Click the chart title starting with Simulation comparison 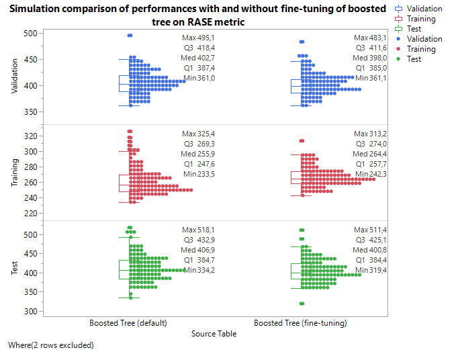[197, 15]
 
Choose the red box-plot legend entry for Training [416, 19]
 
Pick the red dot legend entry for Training [416, 49]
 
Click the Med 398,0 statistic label [370, 58]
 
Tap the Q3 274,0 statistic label [370, 144]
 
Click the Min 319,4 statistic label [370, 270]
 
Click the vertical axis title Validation [15, 79]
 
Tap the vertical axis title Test [15, 269]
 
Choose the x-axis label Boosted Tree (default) [128, 323]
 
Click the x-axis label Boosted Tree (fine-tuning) [300, 323]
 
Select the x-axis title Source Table [214, 333]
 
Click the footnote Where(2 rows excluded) [50, 345]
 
